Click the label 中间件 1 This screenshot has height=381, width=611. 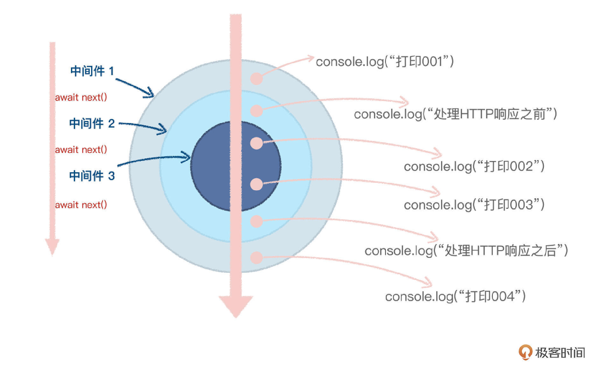click(x=92, y=71)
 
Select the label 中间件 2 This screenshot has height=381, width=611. click(x=92, y=123)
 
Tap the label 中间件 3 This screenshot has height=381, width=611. click(x=92, y=176)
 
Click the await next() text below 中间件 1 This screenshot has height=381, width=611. click(x=81, y=97)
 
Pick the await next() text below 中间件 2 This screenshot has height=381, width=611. click(x=81, y=149)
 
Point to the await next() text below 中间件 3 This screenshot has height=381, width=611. click(x=81, y=205)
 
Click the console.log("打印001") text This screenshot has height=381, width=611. click(x=385, y=61)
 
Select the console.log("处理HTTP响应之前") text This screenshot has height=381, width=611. click(x=455, y=114)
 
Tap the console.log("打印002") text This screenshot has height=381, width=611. click(x=474, y=166)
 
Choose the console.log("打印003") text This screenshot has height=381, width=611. click(x=474, y=205)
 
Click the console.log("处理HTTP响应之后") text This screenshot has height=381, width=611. click(x=466, y=250)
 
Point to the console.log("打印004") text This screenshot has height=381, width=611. click(x=455, y=296)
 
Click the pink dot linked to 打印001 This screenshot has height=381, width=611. click(x=256, y=78)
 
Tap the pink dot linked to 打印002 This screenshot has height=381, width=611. click(x=256, y=143)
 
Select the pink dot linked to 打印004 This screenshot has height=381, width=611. click(x=256, y=258)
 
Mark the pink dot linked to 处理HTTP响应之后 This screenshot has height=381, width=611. click(x=256, y=222)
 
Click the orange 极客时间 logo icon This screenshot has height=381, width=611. click(x=525, y=352)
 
